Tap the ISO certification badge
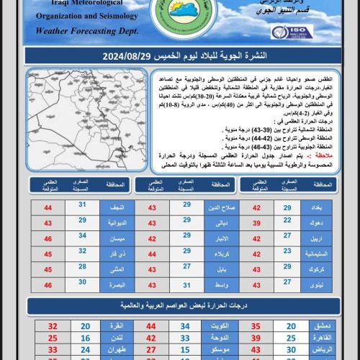click(291, 32)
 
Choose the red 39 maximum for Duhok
click(256, 223)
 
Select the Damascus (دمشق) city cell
click(321, 325)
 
